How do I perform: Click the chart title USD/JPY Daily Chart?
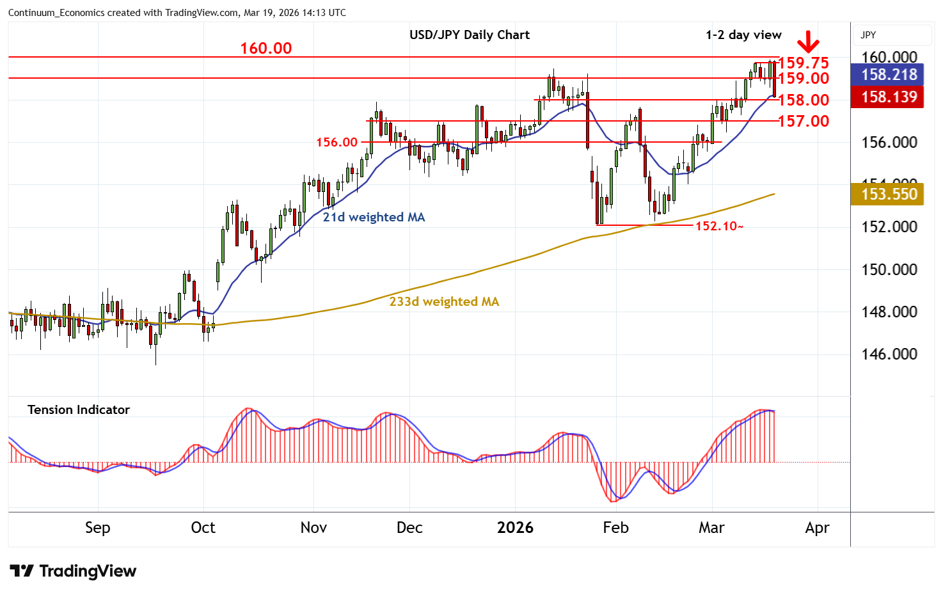(x=470, y=35)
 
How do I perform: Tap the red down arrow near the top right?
(x=808, y=42)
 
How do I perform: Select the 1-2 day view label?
(x=743, y=35)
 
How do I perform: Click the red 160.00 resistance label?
(x=265, y=49)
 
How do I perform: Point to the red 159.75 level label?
(x=804, y=63)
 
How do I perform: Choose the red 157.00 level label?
(x=804, y=121)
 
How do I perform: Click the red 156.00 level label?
(x=337, y=142)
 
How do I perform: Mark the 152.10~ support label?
(x=719, y=226)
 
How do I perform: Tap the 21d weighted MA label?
(x=374, y=218)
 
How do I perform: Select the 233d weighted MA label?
(x=444, y=301)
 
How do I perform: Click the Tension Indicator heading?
(x=79, y=409)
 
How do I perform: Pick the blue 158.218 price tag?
(x=889, y=75)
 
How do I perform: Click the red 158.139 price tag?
(x=889, y=97)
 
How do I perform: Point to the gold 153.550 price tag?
(x=889, y=194)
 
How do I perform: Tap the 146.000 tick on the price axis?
(x=889, y=354)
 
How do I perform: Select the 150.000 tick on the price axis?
(x=889, y=269)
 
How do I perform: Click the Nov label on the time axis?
(x=313, y=528)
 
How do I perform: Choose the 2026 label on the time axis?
(x=515, y=528)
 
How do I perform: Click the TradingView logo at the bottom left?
(x=74, y=571)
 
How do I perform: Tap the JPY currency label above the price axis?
(x=868, y=35)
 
